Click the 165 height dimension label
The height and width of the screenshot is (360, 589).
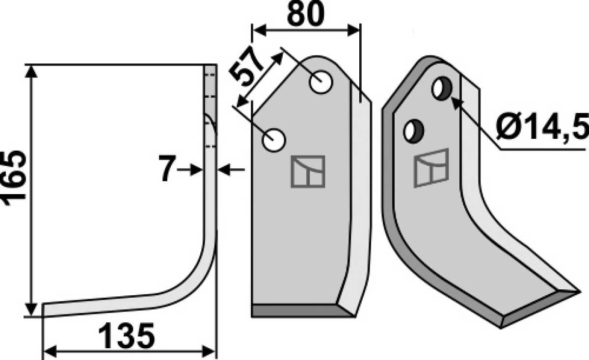pyautogui.click(x=14, y=178)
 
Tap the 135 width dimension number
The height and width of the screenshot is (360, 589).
pyautogui.click(x=126, y=335)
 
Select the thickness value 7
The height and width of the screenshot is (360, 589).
pyautogui.click(x=167, y=168)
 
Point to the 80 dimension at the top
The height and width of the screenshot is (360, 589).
pyautogui.click(x=306, y=14)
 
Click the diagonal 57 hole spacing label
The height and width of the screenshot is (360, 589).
pyautogui.click(x=245, y=67)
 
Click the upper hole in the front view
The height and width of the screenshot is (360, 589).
pyautogui.click(x=321, y=82)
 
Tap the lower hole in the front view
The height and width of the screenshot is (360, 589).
pyautogui.click(x=273, y=140)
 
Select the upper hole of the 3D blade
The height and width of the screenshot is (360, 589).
pyautogui.click(x=442, y=88)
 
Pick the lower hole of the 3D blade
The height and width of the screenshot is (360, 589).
pyautogui.click(x=413, y=131)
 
